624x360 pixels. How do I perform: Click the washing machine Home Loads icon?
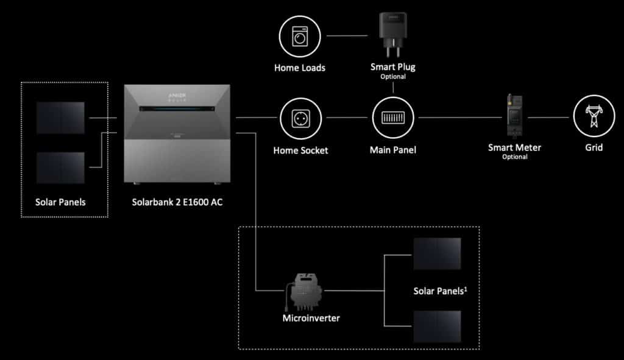pos(300,37)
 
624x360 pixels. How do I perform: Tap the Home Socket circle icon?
pos(300,119)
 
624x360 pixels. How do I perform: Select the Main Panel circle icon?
pos(393,118)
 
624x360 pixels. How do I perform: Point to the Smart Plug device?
pos(393,34)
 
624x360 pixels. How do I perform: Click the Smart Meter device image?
pos(514,116)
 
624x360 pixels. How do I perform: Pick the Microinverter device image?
pos(303,292)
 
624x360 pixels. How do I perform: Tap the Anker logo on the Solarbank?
pos(177,96)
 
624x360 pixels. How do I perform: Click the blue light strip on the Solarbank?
pos(177,108)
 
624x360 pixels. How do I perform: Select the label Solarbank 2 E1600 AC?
pos(177,202)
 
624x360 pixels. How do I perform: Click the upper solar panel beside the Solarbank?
pos(60,118)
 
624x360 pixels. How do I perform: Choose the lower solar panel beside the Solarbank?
pos(60,168)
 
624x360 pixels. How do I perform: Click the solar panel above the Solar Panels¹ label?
pos(437,254)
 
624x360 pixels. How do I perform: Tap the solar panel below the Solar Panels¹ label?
pos(437,326)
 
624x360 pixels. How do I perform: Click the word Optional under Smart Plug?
pos(393,76)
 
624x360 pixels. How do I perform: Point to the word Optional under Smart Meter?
pos(514,157)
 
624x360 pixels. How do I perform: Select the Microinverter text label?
pos(311,318)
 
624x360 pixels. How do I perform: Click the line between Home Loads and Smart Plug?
pos(347,36)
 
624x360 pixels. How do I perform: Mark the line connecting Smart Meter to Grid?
pos(548,118)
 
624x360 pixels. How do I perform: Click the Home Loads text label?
pos(300,68)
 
